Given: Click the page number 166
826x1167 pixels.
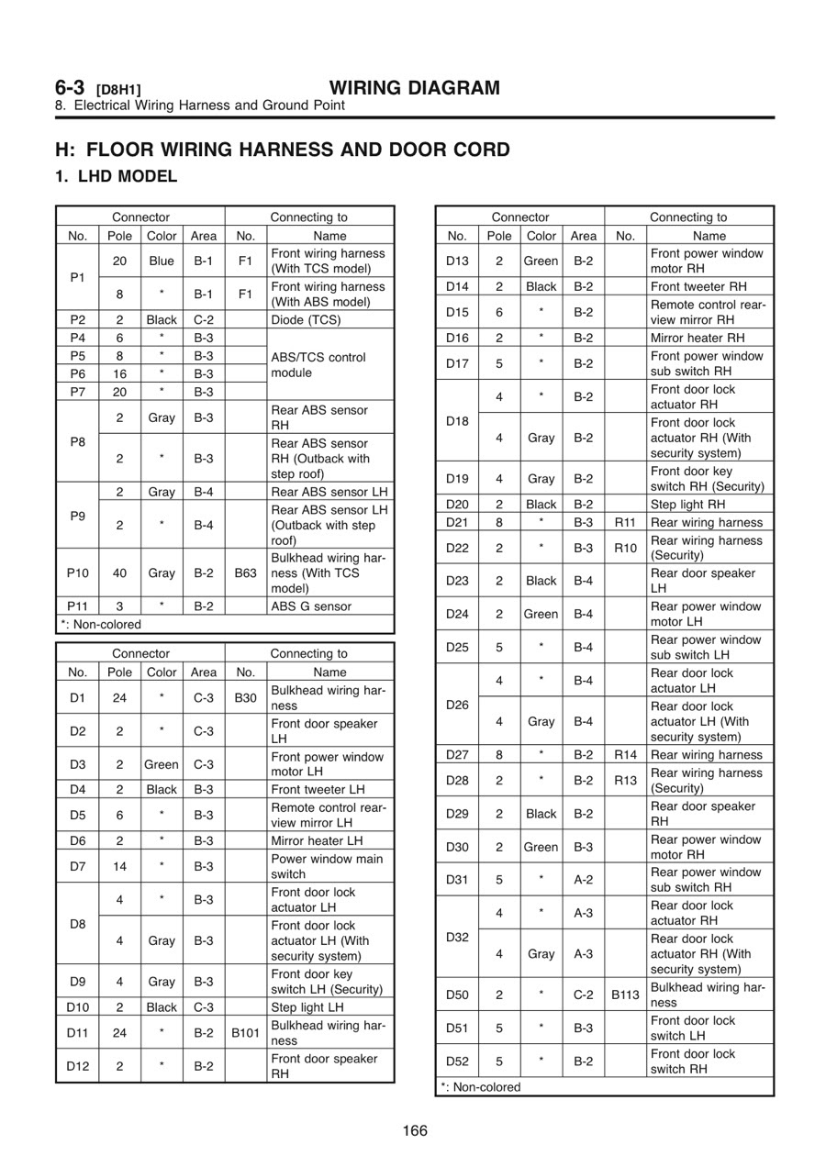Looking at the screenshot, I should point(415,1130).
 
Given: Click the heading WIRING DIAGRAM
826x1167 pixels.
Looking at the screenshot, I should point(415,88).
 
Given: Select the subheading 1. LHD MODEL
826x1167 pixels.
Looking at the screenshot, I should point(117,176).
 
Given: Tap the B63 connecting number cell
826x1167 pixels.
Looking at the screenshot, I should point(245,572).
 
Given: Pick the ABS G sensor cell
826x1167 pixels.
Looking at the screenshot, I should point(311,606).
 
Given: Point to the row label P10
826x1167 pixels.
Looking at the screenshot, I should point(78,572).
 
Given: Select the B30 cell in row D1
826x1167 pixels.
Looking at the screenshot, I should point(245,697).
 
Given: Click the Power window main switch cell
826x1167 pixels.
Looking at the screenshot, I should point(326,866).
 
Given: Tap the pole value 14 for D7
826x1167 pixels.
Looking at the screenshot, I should point(120,866).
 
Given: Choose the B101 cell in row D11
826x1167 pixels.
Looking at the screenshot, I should point(245,1033).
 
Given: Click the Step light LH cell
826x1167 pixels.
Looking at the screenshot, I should point(307,1007).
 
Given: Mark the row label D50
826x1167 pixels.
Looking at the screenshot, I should point(457,995).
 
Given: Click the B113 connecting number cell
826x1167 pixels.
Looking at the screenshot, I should point(625,995).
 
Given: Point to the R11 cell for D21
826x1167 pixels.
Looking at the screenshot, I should point(625,522).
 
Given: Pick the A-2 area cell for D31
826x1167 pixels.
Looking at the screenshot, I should point(583,879).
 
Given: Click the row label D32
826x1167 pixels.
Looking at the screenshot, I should point(457,937).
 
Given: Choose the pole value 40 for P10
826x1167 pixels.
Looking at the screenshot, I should point(120,572).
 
